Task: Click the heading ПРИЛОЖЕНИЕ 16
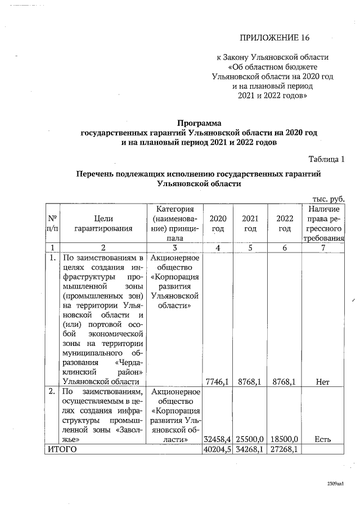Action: pyautogui.click(x=274, y=38)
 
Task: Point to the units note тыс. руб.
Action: pyautogui.click(x=328, y=199)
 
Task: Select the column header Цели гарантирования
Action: pyautogui.click(x=104, y=223)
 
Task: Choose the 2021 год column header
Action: pyautogui.click(x=251, y=223)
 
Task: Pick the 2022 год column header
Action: pyautogui.click(x=285, y=223)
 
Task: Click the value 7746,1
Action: pyautogui.click(x=217, y=382)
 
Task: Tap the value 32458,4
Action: pyautogui.click(x=217, y=439)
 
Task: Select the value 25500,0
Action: pyautogui.click(x=251, y=439)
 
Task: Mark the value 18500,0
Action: pyautogui.click(x=285, y=439)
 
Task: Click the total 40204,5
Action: pyautogui.click(x=217, y=449)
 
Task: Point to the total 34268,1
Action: pyautogui.click(x=251, y=449)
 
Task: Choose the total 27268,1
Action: pyautogui.click(x=285, y=449)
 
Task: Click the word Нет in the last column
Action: pyautogui.click(x=323, y=382)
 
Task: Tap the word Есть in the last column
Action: pyautogui.click(x=323, y=439)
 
